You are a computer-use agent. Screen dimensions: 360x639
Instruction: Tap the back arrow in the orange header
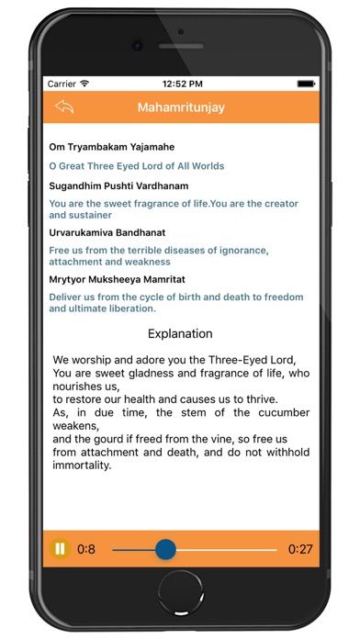click(63, 106)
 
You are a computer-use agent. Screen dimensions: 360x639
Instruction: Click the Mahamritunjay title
click(181, 107)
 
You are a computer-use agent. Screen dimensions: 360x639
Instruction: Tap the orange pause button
click(61, 549)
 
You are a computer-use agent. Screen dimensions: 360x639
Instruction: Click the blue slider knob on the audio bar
click(165, 549)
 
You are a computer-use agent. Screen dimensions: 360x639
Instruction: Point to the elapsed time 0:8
click(85, 549)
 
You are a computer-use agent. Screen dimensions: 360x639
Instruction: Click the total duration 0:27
click(299, 549)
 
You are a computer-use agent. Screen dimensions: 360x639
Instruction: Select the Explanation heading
click(180, 333)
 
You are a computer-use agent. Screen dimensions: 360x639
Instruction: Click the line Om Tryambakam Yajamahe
click(111, 147)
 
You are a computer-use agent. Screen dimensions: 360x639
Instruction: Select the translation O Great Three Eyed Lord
click(136, 166)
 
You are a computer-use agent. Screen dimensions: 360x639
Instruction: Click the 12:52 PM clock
click(180, 83)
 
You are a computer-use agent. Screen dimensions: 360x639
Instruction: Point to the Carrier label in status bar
click(61, 83)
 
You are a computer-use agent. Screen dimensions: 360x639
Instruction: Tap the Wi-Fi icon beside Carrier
click(84, 83)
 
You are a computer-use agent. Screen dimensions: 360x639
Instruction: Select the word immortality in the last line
click(82, 465)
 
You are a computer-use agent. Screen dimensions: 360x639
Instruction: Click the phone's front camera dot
click(136, 45)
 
